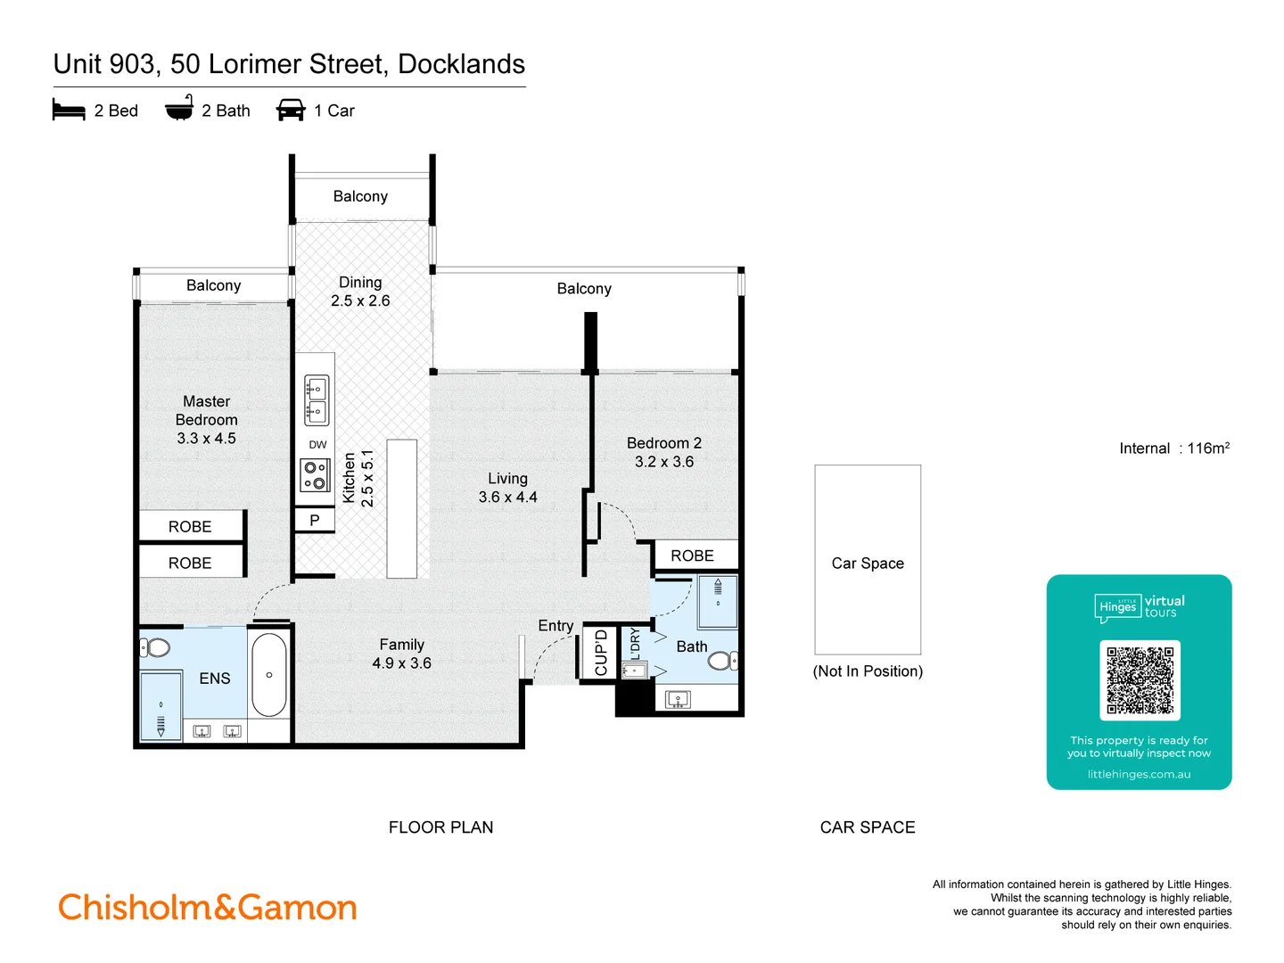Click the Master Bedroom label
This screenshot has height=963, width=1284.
[x=206, y=419]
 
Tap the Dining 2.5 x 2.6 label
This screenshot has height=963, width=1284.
[x=360, y=292]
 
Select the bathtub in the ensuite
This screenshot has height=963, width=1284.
[x=268, y=675]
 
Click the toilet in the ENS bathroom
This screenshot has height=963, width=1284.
[x=156, y=647]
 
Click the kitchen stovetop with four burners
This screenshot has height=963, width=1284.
[x=315, y=474]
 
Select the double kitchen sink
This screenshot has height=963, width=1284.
[x=317, y=400]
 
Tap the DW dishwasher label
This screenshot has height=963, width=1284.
[x=317, y=444]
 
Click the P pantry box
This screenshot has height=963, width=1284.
[x=315, y=520]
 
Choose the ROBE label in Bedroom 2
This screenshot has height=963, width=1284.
[x=692, y=556]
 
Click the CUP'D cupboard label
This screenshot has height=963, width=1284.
[x=600, y=653]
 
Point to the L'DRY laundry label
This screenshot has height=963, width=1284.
[x=635, y=644]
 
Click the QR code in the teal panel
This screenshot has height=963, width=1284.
[x=1140, y=679]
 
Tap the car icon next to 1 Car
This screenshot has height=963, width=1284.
[x=291, y=111]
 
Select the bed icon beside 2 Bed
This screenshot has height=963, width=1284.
[x=69, y=111]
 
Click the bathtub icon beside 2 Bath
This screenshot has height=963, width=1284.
[x=179, y=109]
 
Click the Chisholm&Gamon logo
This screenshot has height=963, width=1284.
[x=208, y=908]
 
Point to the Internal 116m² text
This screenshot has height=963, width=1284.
[x=1174, y=449]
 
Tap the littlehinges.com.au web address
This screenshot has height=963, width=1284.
[x=1139, y=774]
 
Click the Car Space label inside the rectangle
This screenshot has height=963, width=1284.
[x=868, y=564]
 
